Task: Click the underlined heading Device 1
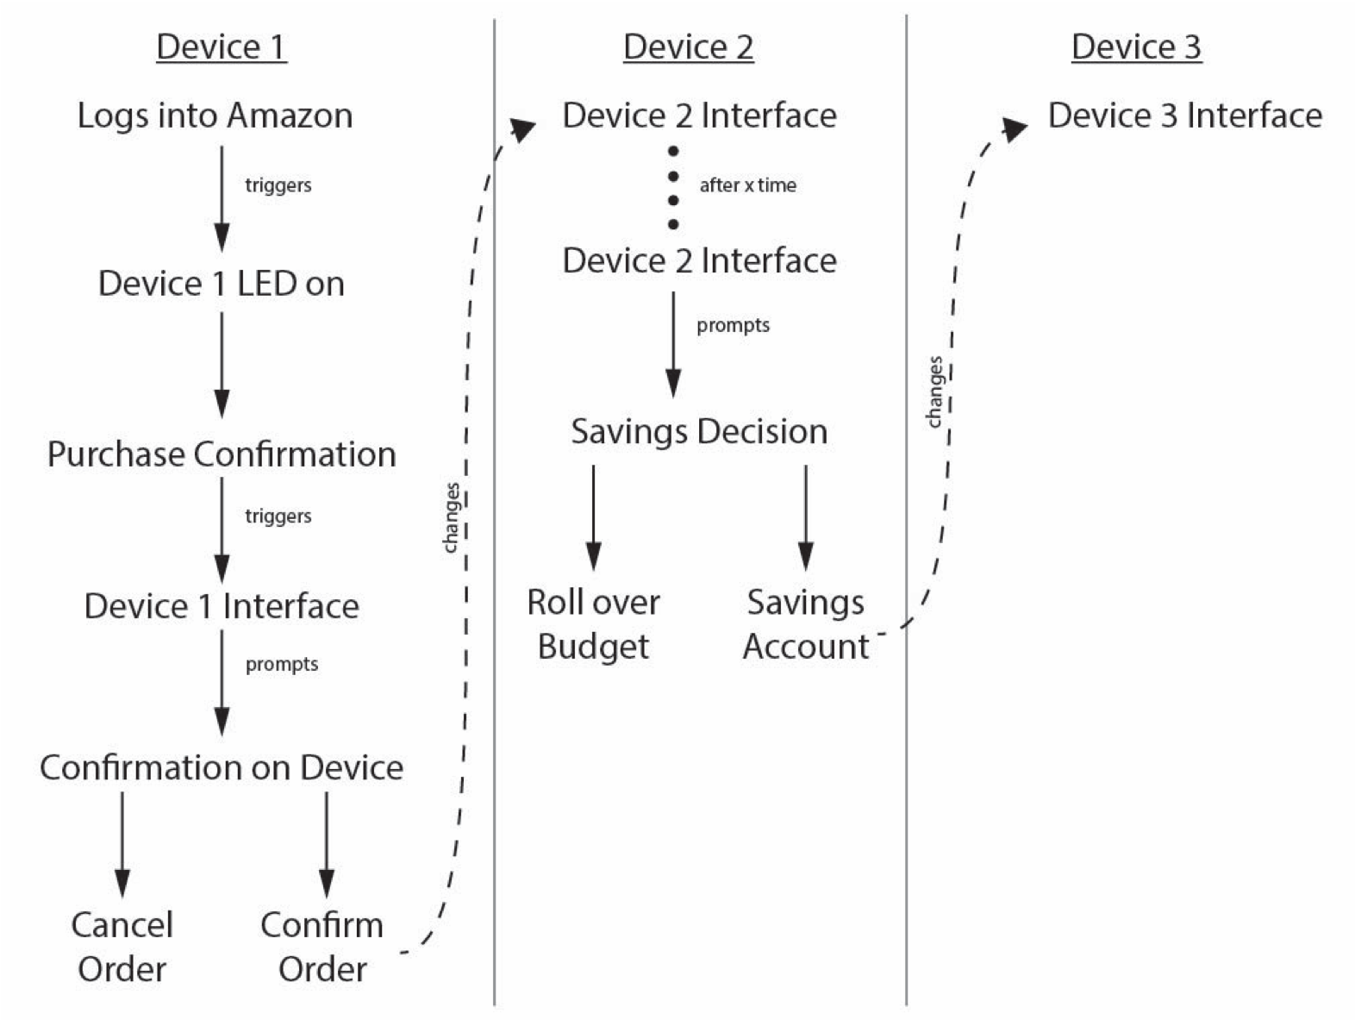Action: pyautogui.click(x=221, y=47)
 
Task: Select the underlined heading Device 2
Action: pyautogui.click(x=688, y=47)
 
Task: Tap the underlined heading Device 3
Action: pyautogui.click(x=1136, y=47)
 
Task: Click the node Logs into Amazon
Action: pyautogui.click(x=215, y=116)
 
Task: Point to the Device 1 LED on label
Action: pyautogui.click(x=221, y=284)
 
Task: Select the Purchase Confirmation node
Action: pyautogui.click(x=222, y=454)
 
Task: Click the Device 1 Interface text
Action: pyautogui.click(x=222, y=606)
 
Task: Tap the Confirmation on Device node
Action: pyautogui.click(x=222, y=767)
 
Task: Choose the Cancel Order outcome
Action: pyautogui.click(x=122, y=947)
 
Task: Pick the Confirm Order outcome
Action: pyautogui.click(x=322, y=947)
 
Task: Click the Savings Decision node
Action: pyautogui.click(x=699, y=431)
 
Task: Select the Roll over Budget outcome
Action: pyautogui.click(x=593, y=624)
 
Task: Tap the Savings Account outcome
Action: pyautogui.click(x=806, y=624)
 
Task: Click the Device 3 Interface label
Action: pyautogui.click(x=1184, y=116)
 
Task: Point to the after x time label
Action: pyautogui.click(x=747, y=185)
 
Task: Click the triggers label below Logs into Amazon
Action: pyautogui.click(x=278, y=185)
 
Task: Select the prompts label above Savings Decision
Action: pyautogui.click(x=733, y=326)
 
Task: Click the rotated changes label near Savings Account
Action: pyautogui.click(x=934, y=392)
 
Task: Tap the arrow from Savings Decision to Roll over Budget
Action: pyautogui.click(x=593, y=517)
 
